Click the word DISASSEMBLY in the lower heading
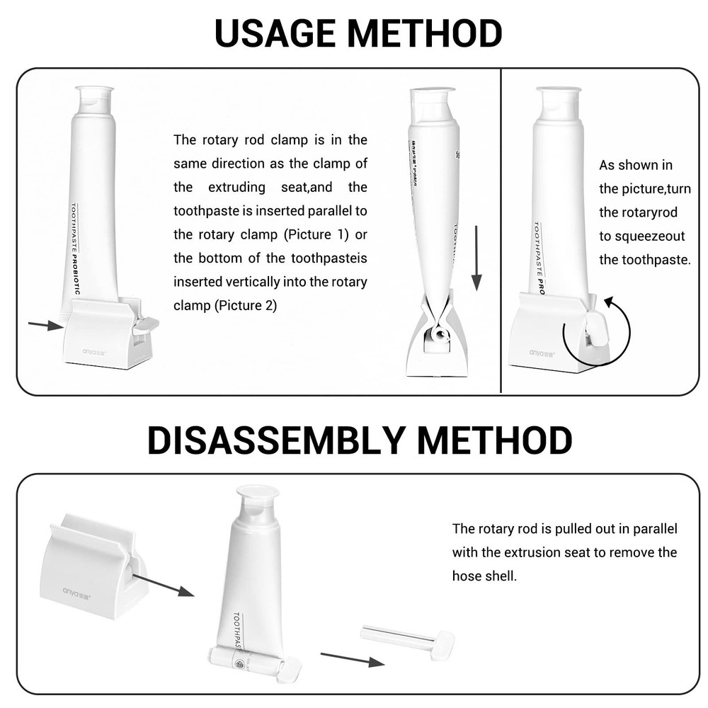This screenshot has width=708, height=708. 277,440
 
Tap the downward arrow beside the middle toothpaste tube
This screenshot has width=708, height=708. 476,258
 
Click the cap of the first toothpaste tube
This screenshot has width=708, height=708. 94,100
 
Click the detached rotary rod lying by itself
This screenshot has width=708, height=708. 408,637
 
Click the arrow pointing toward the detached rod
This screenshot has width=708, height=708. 352,658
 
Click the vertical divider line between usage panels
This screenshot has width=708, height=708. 501,230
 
